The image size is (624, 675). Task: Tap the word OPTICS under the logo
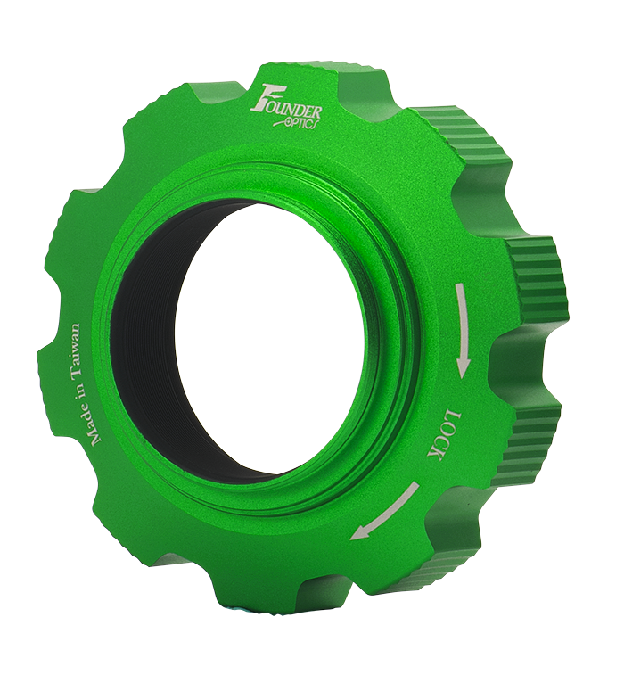(x=297, y=123)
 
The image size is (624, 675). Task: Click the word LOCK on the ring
(x=445, y=434)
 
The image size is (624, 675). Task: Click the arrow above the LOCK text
(x=461, y=329)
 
